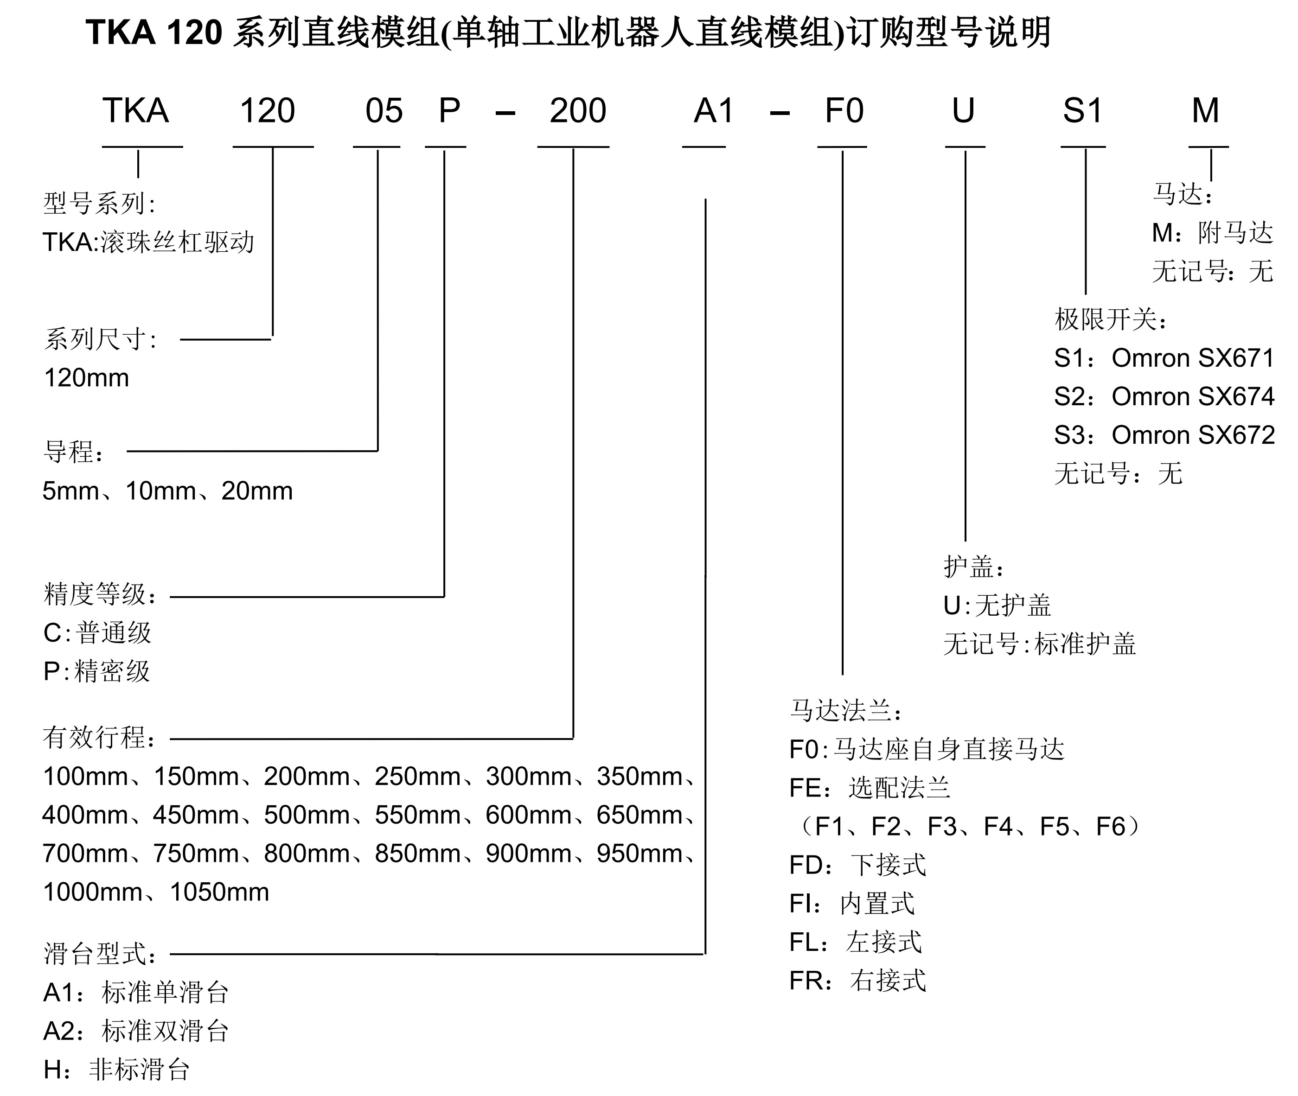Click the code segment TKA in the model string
coord(135,111)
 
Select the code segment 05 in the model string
coord(384,111)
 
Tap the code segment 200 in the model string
coord(577,111)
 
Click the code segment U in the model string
coord(963,111)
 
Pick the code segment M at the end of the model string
coord(1205,111)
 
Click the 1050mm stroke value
coord(219,892)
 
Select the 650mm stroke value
coord(639,815)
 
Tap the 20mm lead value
coord(256,491)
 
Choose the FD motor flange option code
coord(806,865)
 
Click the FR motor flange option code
coord(806,981)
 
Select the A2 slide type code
coord(59,1032)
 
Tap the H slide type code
coord(52,1070)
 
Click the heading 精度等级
coord(95,595)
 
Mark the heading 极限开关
coord(1106,319)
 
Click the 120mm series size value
coord(86,378)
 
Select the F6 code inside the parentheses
coord(1110,826)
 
